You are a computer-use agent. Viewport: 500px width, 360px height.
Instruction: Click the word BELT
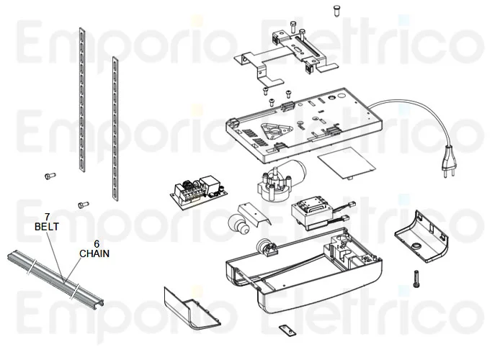coord(47,227)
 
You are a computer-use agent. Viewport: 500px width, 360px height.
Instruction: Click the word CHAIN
coord(94,253)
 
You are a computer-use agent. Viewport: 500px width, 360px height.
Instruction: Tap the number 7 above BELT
coord(47,217)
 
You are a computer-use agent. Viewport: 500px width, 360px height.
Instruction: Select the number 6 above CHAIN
coord(97,243)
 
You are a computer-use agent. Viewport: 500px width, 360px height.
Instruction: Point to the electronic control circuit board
coord(200,192)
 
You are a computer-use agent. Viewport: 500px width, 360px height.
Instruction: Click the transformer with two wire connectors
coord(321,214)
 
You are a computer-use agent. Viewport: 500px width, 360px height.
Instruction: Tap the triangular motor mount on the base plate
coord(277,131)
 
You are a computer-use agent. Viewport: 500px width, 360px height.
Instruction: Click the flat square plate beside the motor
coord(347,163)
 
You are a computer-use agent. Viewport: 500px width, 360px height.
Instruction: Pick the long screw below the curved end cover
coord(416,279)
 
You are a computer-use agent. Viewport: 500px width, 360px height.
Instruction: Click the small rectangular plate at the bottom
coord(287,330)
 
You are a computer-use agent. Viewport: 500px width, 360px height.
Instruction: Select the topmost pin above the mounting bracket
coord(336,11)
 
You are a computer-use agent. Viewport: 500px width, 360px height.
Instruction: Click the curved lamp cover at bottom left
coord(191,309)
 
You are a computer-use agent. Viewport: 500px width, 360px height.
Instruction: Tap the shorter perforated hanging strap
coord(115,129)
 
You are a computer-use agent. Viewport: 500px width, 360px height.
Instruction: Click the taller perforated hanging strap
coord(82,99)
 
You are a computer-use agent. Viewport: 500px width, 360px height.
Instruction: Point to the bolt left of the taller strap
coord(50,176)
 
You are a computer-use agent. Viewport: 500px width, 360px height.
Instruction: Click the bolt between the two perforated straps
coord(84,205)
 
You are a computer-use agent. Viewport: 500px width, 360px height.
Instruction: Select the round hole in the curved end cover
coord(416,246)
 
